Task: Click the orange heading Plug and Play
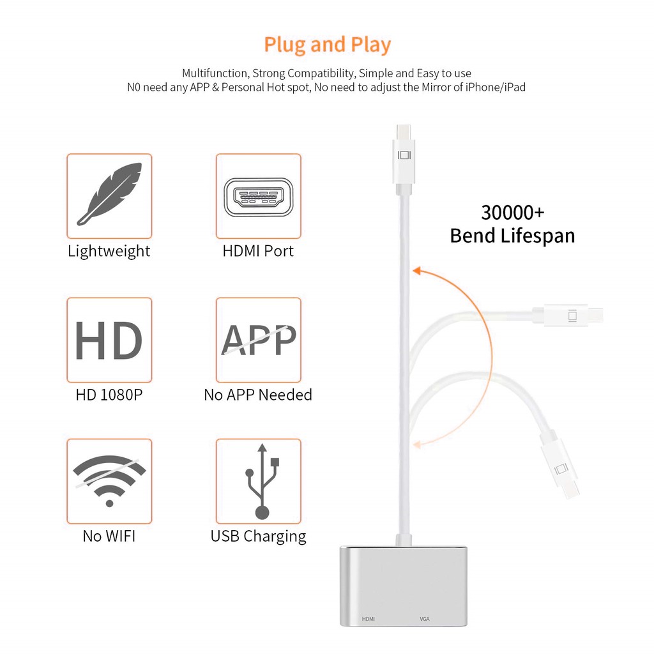click(328, 45)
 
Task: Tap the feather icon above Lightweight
click(110, 194)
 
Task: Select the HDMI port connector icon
click(259, 197)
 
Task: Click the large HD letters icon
click(109, 340)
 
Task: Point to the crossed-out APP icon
click(259, 340)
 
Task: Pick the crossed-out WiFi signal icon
click(109, 480)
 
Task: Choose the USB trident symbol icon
click(262, 481)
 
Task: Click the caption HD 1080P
click(109, 395)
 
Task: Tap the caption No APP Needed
click(258, 395)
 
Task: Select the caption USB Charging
click(258, 536)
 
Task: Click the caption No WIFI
click(109, 536)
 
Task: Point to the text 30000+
click(513, 213)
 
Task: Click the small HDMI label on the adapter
click(369, 619)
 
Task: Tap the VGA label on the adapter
click(425, 619)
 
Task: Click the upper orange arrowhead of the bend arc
click(416, 271)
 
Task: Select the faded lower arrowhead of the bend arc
click(417, 445)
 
